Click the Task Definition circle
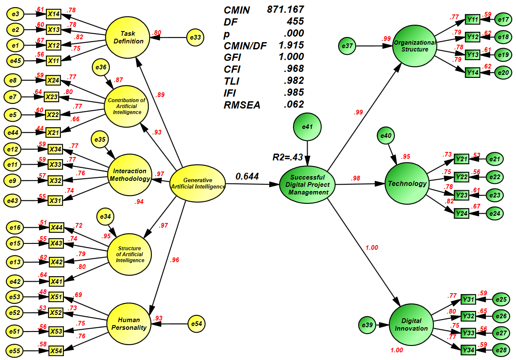point(128,38)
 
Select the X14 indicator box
point(54,14)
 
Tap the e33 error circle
point(195,38)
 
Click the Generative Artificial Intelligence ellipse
point(198,184)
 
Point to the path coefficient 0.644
point(247,176)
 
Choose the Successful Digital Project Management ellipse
point(307,185)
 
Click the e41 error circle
point(307,126)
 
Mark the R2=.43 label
point(288,157)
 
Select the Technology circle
point(407,183)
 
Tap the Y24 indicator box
point(462,213)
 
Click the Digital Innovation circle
point(411,325)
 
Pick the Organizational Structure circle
point(414,46)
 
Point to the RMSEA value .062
point(293,104)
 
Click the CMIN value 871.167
point(285,9)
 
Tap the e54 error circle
point(196,324)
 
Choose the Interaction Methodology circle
point(130,175)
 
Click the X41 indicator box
point(56,281)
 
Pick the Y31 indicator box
point(468,300)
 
